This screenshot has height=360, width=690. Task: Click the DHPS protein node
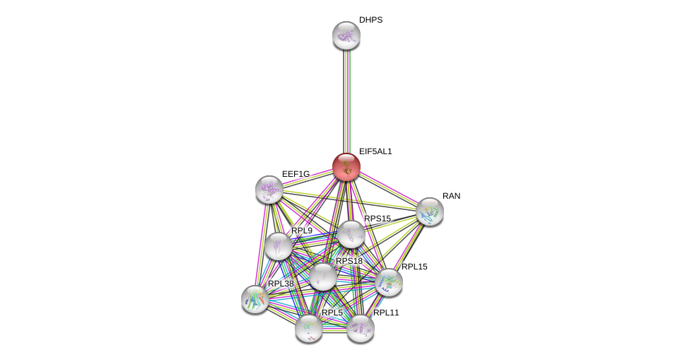[x=346, y=35]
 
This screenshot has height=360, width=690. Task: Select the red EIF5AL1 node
[x=346, y=167]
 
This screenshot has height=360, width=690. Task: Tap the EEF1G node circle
[x=269, y=189]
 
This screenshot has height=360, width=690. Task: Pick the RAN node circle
[x=430, y=211]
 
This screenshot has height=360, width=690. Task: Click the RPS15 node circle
[x=351, y=234]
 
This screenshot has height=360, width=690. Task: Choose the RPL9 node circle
[x=279, y=246]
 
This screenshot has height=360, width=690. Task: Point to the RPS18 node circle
[x=323, y=277]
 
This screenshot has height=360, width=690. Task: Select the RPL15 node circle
[x=389, y=282]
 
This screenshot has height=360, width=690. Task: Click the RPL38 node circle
[x=255, y=298]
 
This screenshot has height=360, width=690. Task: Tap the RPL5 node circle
[x=309, y=328]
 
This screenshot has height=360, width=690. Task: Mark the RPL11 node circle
[x=361, y=328]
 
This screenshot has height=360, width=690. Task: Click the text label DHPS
[x=370, y=20]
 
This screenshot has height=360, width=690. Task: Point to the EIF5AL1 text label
[x=375, y=151]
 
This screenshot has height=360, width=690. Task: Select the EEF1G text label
[x=296, y=174]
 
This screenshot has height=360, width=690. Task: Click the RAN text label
[x=451, y=196]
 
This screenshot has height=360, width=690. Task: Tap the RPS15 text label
[x=378, y=219]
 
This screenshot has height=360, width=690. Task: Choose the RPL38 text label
[x=281, y=284]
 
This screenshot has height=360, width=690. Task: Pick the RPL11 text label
[x=386, y=313]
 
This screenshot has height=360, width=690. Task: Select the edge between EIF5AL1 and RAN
[x=388, y=189]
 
